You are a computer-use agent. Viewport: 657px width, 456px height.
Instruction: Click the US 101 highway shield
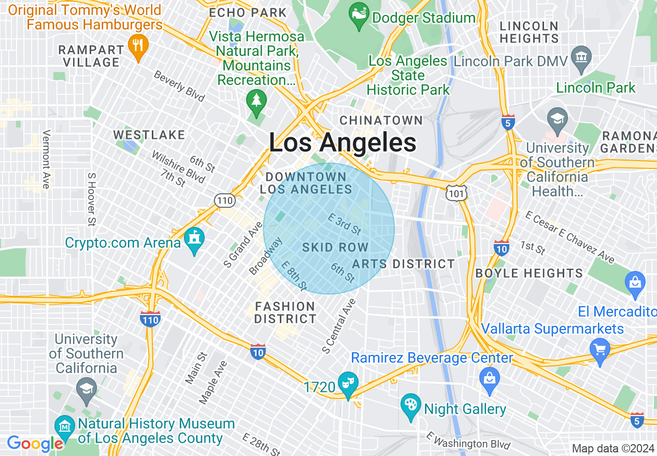458,193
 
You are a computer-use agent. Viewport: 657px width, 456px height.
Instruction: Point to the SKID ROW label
335,248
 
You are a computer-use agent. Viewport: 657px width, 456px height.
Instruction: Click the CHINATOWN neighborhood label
381,121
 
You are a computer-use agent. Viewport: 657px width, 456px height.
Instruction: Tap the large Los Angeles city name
342,143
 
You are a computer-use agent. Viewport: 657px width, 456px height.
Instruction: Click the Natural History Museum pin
64,426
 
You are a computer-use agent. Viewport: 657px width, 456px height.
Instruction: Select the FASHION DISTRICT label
285,312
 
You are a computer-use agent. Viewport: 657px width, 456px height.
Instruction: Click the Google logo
35,444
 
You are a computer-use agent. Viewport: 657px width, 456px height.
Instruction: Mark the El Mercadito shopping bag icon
635,283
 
